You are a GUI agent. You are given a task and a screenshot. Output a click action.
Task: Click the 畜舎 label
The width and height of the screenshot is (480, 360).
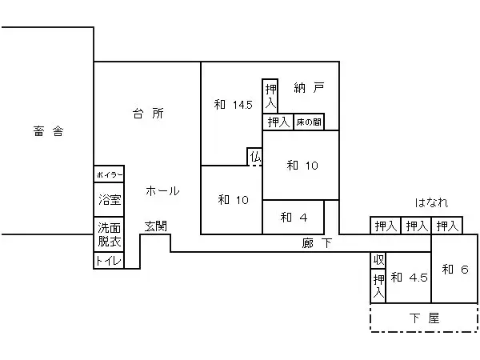click(49, 132)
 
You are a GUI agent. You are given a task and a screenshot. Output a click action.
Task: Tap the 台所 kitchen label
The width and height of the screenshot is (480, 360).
click(148, 114)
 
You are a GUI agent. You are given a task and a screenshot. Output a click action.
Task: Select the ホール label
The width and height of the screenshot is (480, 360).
click(162, 191)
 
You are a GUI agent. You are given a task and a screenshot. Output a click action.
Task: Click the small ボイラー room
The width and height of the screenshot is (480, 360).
click(110, 174)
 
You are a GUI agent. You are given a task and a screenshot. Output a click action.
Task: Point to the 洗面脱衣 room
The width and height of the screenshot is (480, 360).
click(110, 234)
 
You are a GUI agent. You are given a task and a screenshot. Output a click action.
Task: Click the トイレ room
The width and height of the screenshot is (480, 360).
click(109, 261)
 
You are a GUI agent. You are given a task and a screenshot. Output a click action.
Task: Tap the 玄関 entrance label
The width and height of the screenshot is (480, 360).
click(155, 226)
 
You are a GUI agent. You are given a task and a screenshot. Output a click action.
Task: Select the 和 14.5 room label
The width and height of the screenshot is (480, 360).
click(233, 105)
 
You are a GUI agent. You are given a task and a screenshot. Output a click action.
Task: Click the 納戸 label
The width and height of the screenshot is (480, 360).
click(309, 88)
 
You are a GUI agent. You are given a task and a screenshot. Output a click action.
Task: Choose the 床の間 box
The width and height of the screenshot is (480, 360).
click(308, 122)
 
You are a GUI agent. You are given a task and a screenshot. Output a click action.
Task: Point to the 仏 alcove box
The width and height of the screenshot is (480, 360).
click(255, 157)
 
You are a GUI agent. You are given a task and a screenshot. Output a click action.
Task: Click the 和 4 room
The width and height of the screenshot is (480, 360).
click(293, 217)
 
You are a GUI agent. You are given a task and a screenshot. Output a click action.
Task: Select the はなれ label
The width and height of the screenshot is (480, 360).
click(431, 202)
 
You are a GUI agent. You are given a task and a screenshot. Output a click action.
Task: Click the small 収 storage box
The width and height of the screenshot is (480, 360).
click(378, 260)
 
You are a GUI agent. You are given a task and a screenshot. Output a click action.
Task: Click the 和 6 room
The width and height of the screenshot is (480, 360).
click(454, 269)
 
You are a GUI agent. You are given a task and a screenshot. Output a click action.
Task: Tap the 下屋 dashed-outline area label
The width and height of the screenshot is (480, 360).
click(425, 318)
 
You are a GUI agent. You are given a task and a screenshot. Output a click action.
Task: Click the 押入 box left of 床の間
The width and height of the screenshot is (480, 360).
click(278, 122)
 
